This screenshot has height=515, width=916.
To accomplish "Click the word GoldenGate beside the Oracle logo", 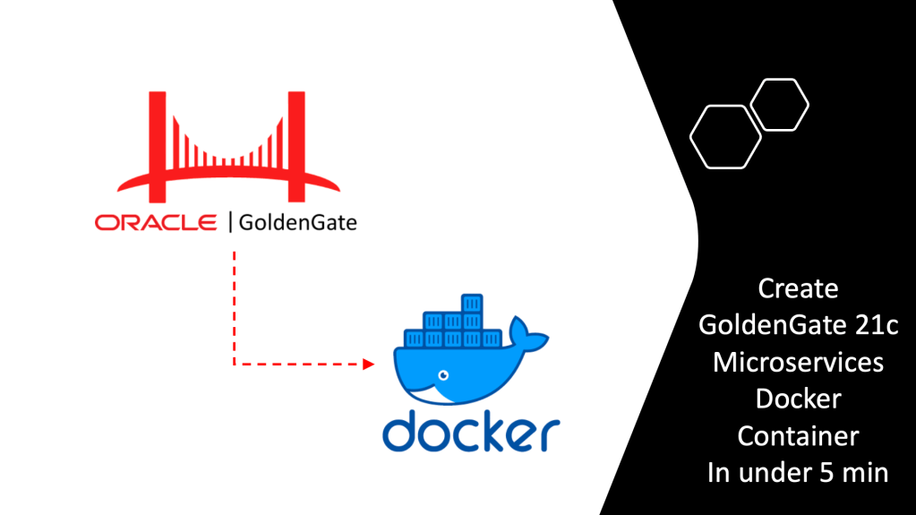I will (x=297, y=222).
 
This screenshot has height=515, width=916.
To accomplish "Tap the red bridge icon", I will (x=228, y=148).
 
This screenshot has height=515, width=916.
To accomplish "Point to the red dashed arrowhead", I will (x=367, y=364).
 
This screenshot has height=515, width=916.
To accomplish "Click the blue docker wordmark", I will (x=470, y=431).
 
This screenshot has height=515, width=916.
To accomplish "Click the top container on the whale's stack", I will (x=471, y=302).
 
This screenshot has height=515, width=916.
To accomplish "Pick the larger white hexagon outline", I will (x=724, y=137).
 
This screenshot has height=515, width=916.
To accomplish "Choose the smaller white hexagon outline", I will (x=779, y=104).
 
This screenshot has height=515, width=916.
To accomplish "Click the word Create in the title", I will (x=798, y=289).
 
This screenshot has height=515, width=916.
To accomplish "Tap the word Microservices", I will (x=798, y=363).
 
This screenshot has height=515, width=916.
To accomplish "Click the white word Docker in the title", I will (x=798, y=399).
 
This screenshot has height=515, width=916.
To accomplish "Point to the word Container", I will (x=798, y=436).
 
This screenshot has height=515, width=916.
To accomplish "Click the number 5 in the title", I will (x=831, y=473).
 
